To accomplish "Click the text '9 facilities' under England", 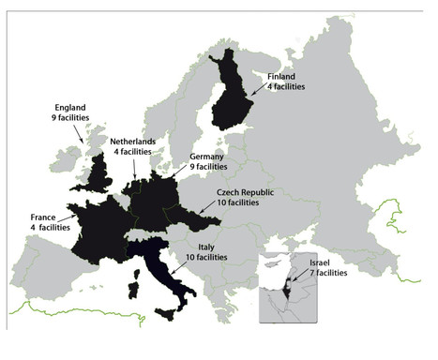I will click(68, 119).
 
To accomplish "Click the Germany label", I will click(207, 157).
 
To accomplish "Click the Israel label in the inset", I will click(321, 262).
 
